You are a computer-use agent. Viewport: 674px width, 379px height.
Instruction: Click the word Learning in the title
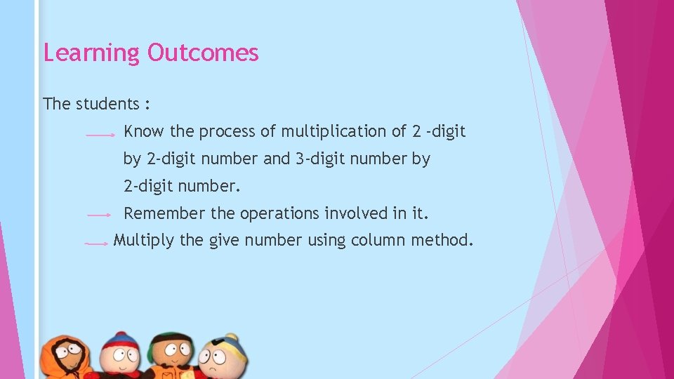91,53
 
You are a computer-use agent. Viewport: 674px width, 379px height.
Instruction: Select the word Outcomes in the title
203,53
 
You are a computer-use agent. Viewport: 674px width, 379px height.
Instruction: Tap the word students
106,104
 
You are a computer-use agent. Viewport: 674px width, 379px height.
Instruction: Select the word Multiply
143,241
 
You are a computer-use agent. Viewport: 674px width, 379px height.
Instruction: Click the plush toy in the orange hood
65,359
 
